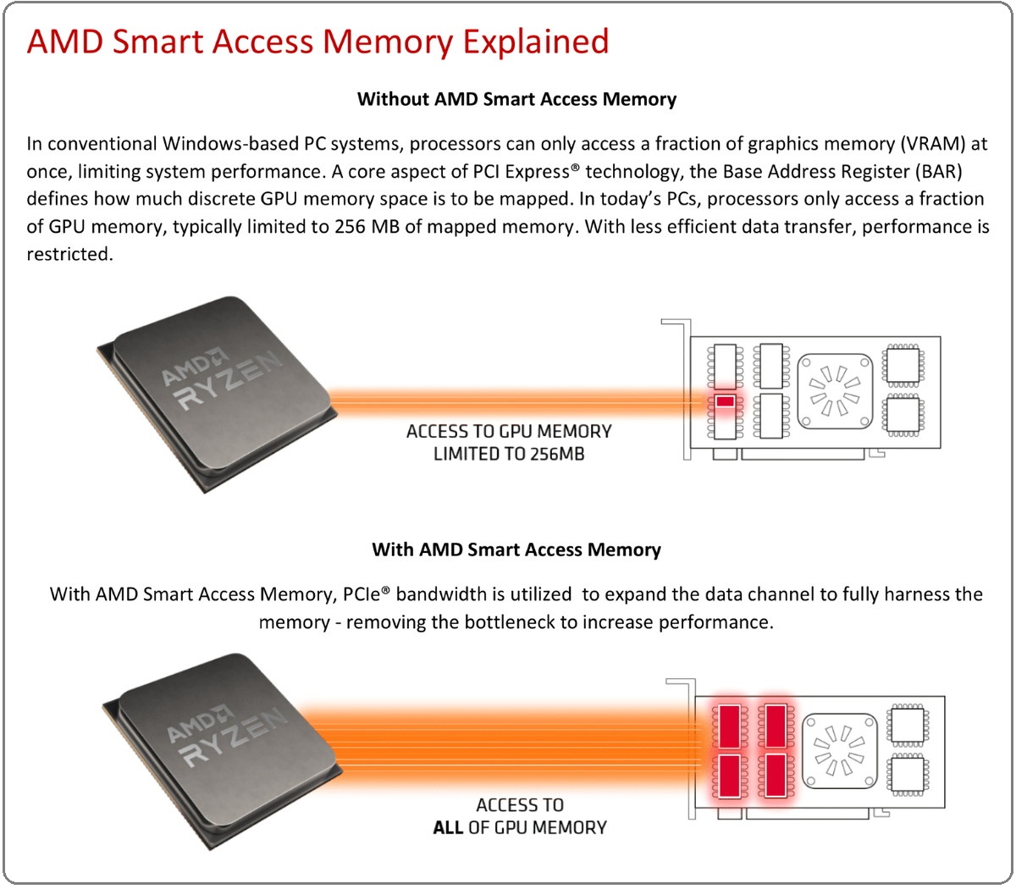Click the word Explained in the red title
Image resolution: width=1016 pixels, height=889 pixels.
(x=536, y=42)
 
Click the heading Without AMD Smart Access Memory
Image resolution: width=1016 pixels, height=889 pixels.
(x=516, y=99)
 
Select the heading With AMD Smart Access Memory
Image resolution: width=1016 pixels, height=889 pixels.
(x=516, y=549)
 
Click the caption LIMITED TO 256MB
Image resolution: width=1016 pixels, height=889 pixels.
(x=509, y=454)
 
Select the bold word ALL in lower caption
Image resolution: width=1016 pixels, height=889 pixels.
(x=448, y=827)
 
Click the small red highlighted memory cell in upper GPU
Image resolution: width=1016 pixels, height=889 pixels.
(x=725, y=401)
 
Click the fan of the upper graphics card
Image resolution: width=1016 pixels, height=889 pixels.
(x=835, y=391)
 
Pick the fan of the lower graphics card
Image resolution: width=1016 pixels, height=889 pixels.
(x=840, y=750)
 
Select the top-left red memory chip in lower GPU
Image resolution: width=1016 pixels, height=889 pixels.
(x=730, y=726)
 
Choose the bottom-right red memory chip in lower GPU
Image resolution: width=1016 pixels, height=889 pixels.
(x=776, y=776)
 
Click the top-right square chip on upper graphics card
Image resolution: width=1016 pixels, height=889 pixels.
(x=903, y=366)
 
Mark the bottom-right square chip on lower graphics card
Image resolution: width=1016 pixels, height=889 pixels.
(x=908, y=774)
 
